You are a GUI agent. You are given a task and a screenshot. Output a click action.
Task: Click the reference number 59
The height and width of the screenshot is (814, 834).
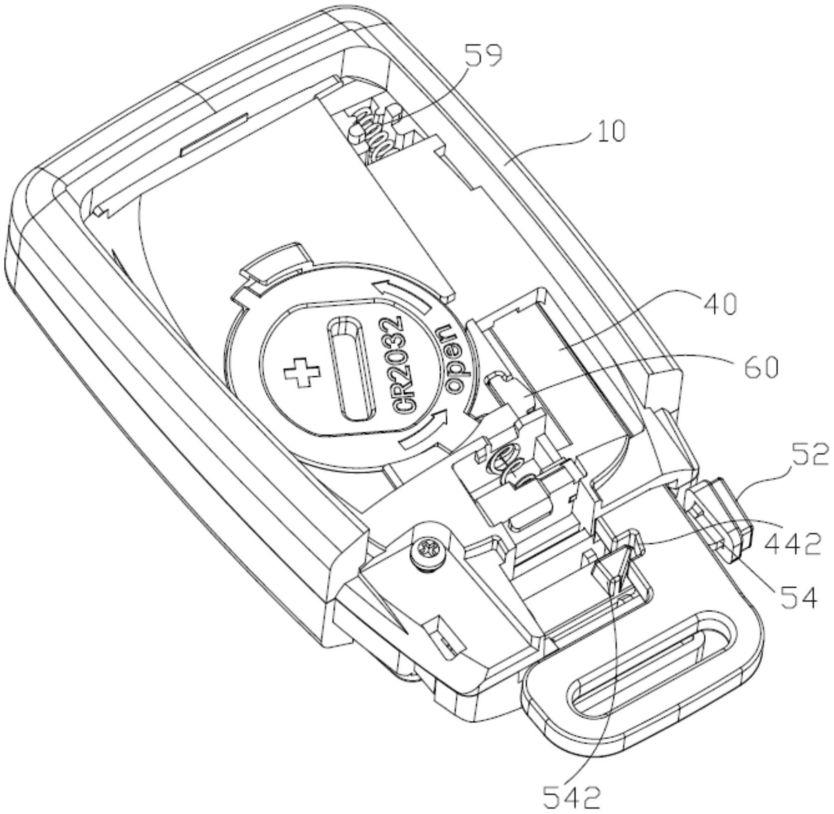click(x=483, y=56)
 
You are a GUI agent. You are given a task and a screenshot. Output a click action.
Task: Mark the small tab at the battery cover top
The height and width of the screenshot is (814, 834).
click(x=273, y=263)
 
